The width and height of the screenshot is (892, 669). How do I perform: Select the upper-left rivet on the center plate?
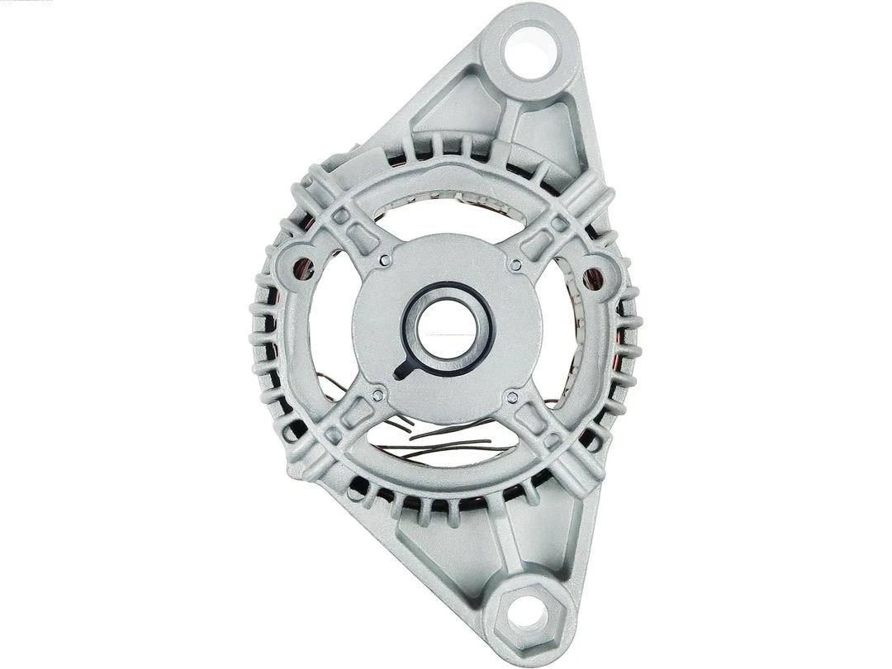[x=385, y=260]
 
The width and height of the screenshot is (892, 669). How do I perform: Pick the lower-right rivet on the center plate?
[x=511, y=398]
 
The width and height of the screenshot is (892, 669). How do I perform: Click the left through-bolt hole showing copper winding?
[x=303, y=268]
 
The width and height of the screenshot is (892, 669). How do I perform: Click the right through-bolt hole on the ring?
[x=591, y=279]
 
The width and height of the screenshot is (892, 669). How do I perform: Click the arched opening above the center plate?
[x=450, y=216]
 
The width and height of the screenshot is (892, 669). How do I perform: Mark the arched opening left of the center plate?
[x=334, y=330]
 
